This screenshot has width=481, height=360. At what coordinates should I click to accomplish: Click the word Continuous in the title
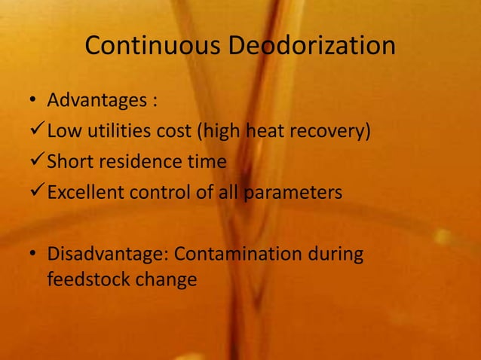[153, 47]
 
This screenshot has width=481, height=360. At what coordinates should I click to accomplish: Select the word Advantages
[97, 100]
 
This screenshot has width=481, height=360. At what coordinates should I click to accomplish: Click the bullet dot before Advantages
[33, 101]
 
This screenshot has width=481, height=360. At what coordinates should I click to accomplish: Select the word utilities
[118, 133]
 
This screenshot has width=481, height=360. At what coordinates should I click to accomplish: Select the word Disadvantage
[103, 254]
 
